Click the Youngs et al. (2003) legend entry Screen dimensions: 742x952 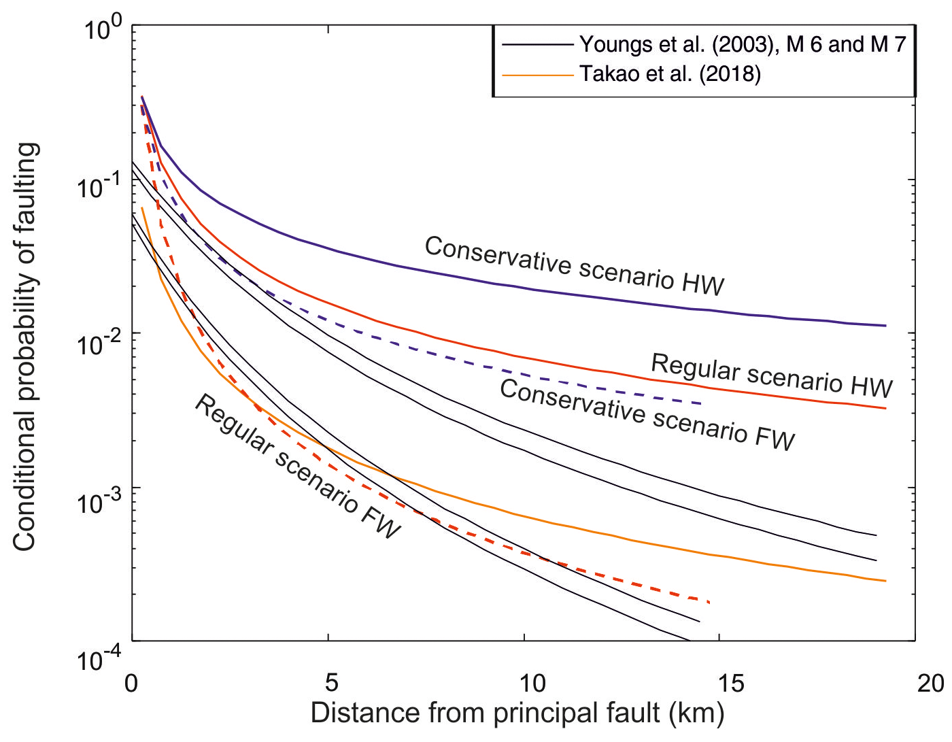coord(743,45)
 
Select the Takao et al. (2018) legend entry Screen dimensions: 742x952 coord(670,73)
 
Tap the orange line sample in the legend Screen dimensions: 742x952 coord(537,74)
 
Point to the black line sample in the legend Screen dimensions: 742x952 coord(537,45)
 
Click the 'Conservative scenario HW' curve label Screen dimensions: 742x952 coord(575,266)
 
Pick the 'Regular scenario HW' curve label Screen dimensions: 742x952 coord(772,375)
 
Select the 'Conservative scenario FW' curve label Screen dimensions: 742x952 coord(647,415)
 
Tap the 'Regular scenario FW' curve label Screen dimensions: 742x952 coord(298,467)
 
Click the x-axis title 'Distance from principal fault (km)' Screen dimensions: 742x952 coord(517,713)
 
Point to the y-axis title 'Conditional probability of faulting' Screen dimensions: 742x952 coord(25,347)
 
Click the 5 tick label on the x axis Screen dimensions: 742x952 coord(330,682)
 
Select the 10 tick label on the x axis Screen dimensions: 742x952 coord(531,682)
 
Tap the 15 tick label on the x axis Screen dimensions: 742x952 coord(730,682)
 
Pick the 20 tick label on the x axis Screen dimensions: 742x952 coord(930,682)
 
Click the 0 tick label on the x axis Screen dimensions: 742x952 coord(131,682)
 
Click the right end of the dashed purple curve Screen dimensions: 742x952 coord(701,404)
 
